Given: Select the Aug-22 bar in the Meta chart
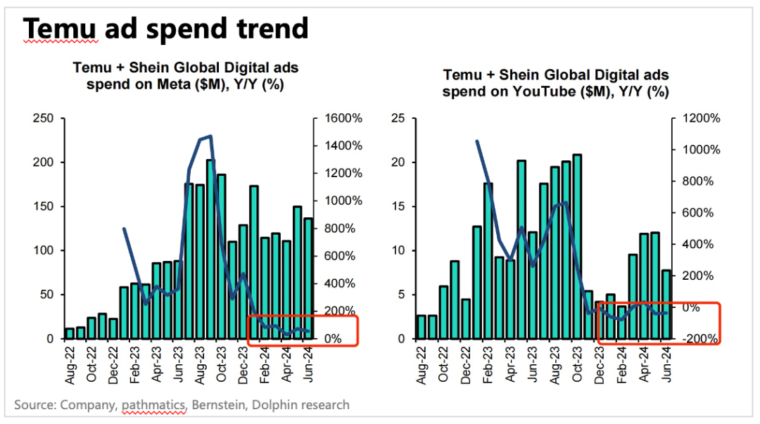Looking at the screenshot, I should (69, 333).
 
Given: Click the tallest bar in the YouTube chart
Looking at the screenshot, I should (577, 246).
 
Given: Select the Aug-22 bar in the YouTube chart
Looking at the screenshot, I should (421, 327).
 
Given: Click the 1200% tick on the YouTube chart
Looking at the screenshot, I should (697, 118).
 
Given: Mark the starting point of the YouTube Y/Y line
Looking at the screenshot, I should (477, 141).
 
